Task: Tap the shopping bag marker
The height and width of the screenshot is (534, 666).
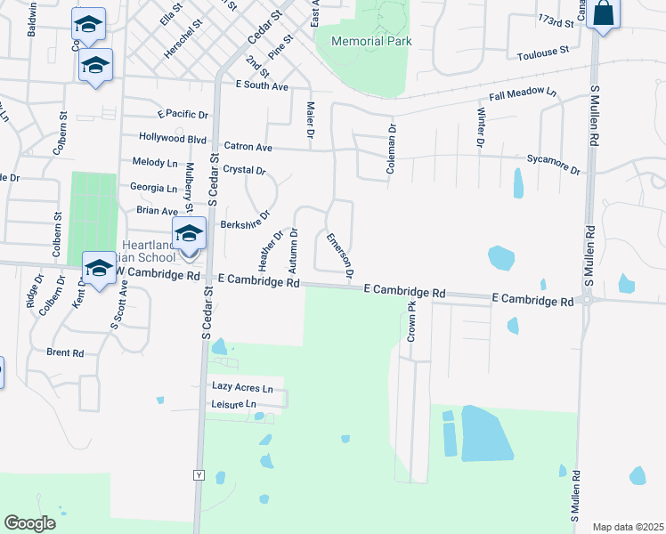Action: coord(603,14)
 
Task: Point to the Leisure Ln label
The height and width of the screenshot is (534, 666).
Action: coord(234,404)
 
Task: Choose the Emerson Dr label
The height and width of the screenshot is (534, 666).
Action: coord(341,255)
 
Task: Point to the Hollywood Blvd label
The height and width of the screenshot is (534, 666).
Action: coord(173,139)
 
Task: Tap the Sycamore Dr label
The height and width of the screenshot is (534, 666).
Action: coord(553,169)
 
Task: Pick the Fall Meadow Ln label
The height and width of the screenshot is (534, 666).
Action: coord(522,94)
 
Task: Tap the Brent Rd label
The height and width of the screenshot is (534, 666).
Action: coord(65,352)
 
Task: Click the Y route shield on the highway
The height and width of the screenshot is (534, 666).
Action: coord(199,475)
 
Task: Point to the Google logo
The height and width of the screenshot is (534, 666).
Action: coord(30,522)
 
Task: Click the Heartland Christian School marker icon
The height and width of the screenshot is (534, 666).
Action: coord(189,235)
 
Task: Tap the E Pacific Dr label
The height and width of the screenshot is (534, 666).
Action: coord(183,115)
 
